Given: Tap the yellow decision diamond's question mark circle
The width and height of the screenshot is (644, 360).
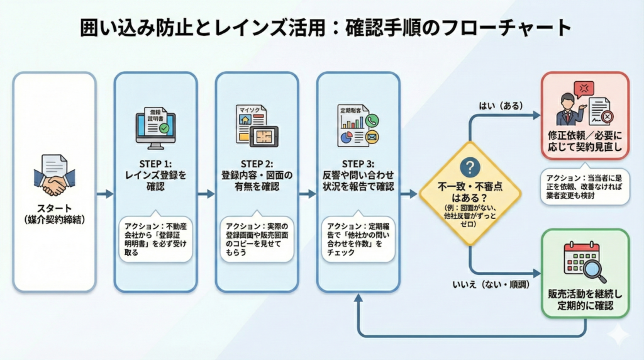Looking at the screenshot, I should [x=470, y=167].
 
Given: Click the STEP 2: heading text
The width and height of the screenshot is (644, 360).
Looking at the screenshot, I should [x=257, y=162].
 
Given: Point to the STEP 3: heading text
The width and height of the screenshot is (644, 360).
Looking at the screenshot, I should [x=358, y=162].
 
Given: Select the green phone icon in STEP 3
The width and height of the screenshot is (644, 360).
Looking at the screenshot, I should [x=372, y=121].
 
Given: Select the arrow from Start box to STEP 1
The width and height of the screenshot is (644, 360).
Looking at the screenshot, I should [x=104, y=194].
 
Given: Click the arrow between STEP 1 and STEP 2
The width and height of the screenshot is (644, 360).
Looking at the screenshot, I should [x=206, y=194].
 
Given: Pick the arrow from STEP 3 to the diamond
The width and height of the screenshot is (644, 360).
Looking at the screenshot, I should [x=409, y=194].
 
